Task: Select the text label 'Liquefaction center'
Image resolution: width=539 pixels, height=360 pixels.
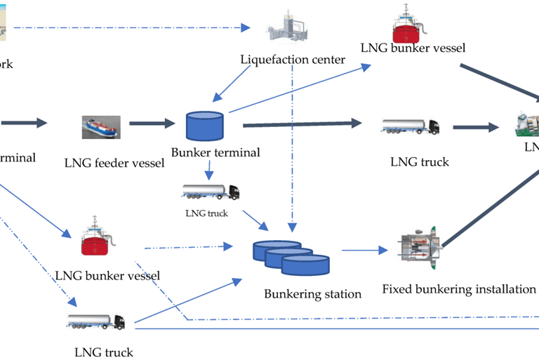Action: pyautogui.click(x=293, y=60)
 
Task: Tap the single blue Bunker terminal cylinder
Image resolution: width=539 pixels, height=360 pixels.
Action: pyautogui.click(x=204, y=126)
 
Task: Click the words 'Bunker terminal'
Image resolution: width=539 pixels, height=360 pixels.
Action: pyautogui.click(x=215, y=152)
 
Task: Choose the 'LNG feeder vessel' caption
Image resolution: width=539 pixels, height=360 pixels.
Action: pyautogui.click(x=114, y=163)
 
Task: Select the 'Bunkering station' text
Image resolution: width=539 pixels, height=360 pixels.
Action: pyautogui.click(x=312, y=293)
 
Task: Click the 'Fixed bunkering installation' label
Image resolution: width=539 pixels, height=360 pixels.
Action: pyautogui.click(x=459, y=288)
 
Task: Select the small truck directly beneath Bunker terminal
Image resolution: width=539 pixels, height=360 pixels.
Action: pyautogui.click(x=210, y=191)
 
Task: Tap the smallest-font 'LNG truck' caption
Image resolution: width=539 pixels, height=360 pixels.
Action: pyautogui.click(x=206, y=213)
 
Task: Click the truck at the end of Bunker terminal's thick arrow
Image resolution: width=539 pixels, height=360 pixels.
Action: pyautogui.click(x=411, y=126)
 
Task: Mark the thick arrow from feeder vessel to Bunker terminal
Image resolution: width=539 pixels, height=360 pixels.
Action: pyautogui.click(x=152, y=124)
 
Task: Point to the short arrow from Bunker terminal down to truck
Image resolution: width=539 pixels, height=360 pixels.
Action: pyautogui.click(x=208, y=171)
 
